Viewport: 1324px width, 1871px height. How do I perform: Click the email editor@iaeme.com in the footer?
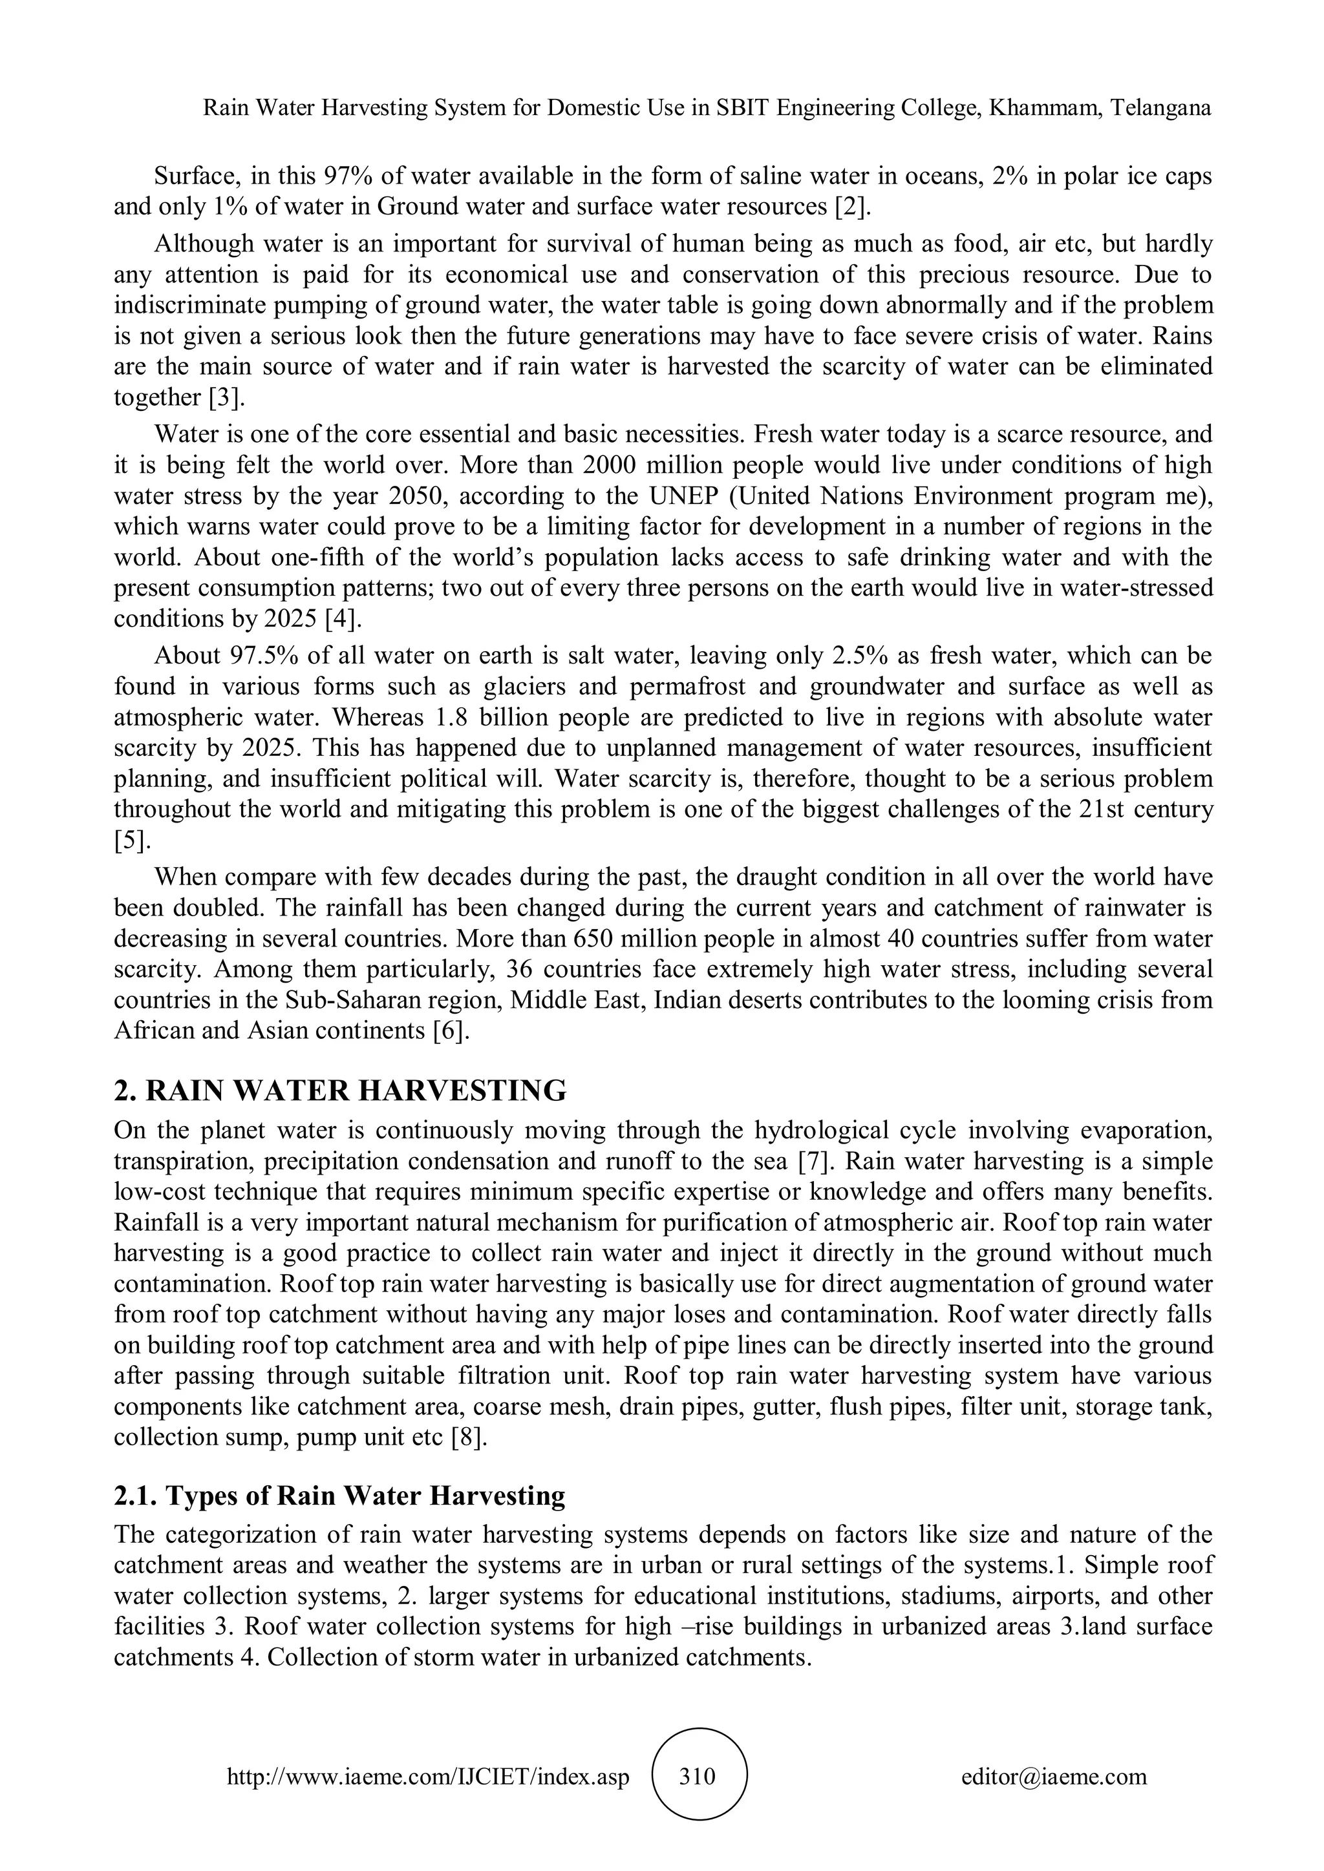tap(1053, 1775)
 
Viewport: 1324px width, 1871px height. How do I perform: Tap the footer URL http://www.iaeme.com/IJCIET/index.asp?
tap(428, 1775)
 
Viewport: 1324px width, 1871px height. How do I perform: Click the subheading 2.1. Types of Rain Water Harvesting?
tap(340, 1496)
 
